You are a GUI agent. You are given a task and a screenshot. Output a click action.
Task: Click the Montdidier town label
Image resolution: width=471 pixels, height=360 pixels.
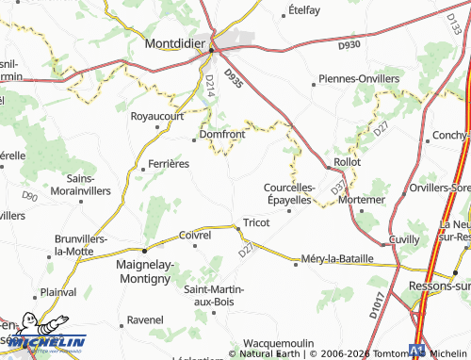pos(176,42)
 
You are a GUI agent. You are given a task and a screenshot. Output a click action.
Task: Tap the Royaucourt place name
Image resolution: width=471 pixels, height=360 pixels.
pos(156,117)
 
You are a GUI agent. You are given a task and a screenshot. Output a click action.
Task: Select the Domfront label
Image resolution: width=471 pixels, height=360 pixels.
pos(222,135)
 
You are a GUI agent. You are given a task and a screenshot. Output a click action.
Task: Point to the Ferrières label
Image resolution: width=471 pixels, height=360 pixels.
pos(170,163)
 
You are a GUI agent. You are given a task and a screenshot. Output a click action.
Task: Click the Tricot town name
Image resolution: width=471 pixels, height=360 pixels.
pos(256,222)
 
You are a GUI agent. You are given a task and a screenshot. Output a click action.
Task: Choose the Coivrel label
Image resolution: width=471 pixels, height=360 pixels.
pos(194,236)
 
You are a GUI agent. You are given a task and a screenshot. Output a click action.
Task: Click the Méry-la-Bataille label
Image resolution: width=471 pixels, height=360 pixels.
pos(337,258)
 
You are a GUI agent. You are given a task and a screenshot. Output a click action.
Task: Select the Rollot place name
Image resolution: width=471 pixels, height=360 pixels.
pos(348,162)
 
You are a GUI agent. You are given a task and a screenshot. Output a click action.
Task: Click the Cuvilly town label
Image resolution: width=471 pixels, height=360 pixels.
pos(377,239)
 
